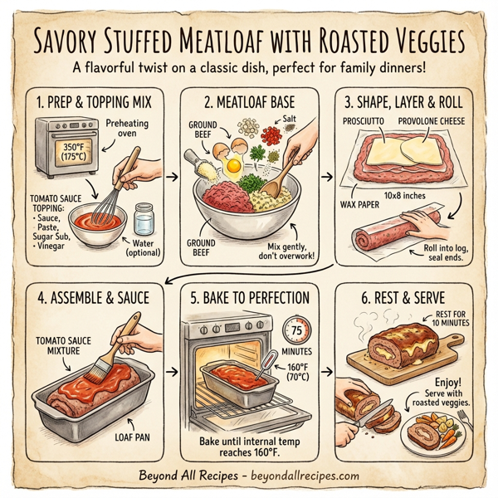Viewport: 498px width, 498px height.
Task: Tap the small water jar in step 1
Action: [x=144, y=220]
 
